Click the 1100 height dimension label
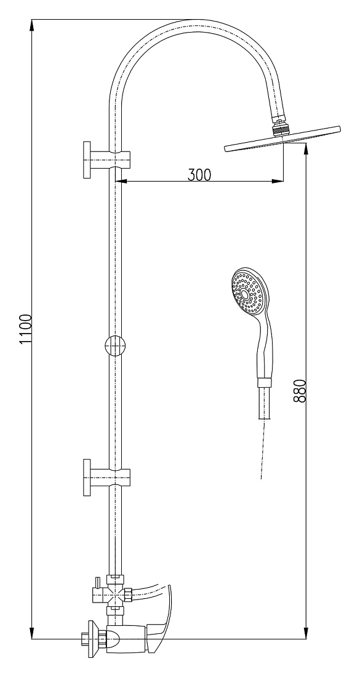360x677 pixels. [26, 329]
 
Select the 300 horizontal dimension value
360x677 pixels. [199, 175]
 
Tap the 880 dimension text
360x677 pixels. [300, 391]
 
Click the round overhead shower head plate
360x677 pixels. [282, 139]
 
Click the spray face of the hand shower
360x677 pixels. [247, 292]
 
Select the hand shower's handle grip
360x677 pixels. [265, 345]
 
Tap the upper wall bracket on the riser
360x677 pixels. [106, 159]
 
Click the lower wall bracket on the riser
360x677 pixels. [106, 477]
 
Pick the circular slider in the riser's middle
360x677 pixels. [115, 345]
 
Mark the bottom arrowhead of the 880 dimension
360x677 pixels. [306, 633]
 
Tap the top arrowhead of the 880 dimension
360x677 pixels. [306, 150]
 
